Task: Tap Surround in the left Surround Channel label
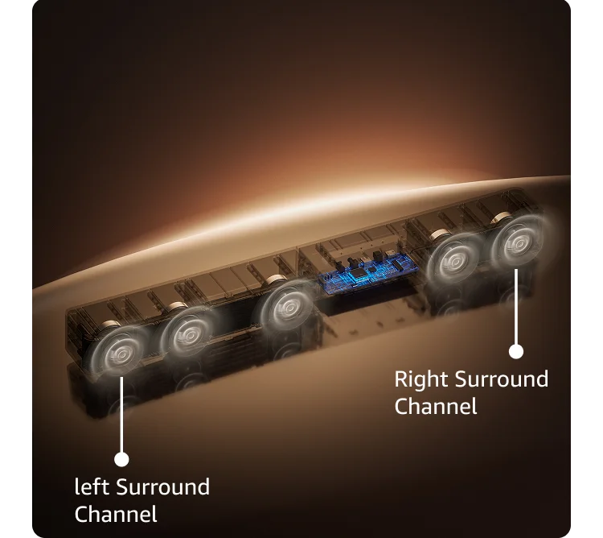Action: (162, 486)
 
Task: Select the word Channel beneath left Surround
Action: (116, 514)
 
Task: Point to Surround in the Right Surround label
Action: (502, 379)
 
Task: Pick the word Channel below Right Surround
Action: (436, 406)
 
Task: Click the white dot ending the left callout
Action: (121, 459)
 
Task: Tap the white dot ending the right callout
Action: (516, 351)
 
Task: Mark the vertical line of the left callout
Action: (121, 415)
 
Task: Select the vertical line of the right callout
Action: (516, 307)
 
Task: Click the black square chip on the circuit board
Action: (359, 272)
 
